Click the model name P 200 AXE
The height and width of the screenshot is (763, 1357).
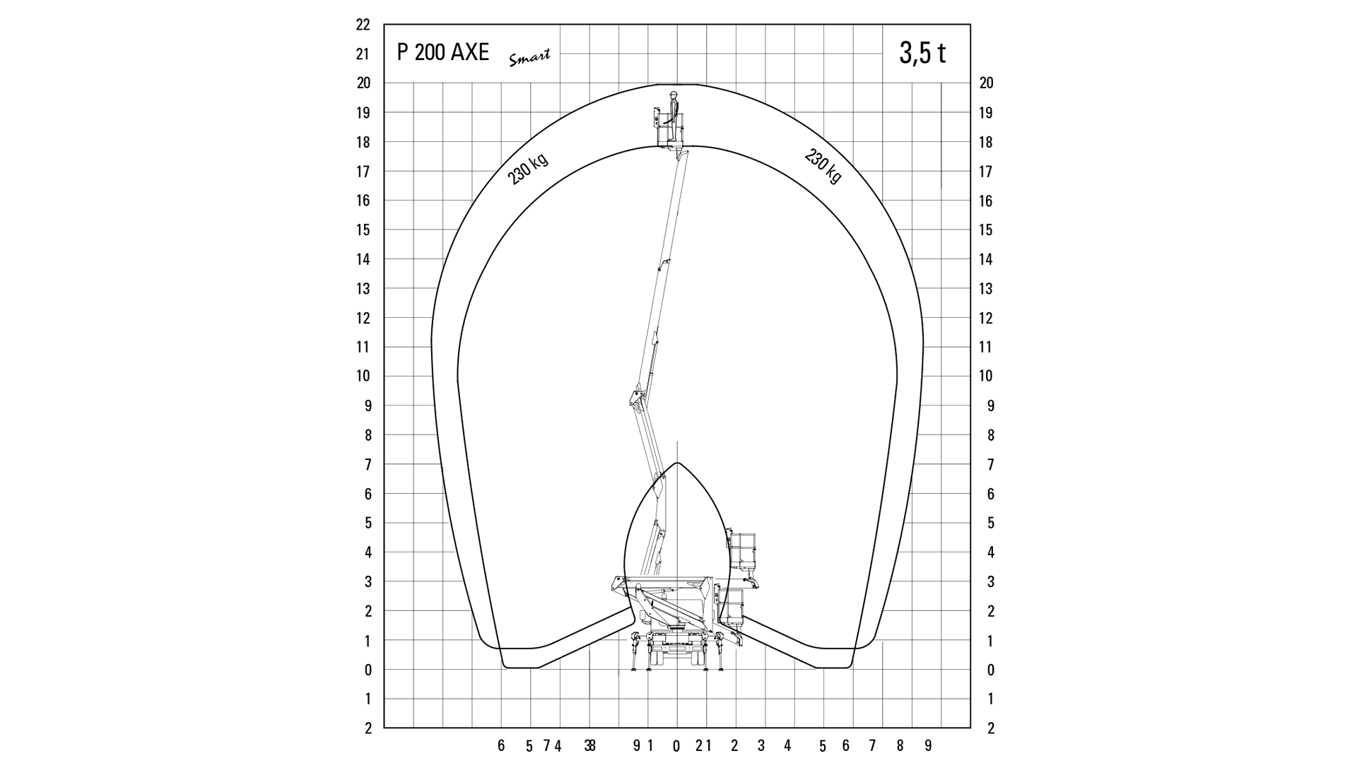click(x=442, y=52)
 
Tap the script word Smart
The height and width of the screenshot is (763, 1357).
click(x=529, y=58)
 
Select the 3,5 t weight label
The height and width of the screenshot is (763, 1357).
click(x=922, y=53)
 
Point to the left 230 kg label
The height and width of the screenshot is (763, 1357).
click(x=528, y=169)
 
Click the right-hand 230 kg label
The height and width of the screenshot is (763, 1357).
click(x=823, y=166)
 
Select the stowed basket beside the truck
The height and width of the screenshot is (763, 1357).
click(x=742, y=552)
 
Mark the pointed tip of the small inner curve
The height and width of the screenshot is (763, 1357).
click(x=677, y=463)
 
